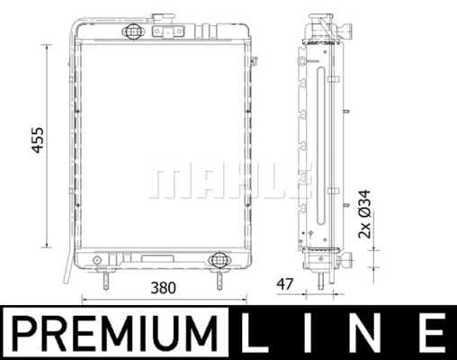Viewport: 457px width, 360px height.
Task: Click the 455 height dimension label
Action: (x=38, y=140)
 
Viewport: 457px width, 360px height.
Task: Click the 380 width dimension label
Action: (x=163, y=288)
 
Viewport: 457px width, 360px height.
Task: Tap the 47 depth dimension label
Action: (x=284, y=284)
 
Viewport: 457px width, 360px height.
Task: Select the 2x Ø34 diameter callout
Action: (x=364, y=214)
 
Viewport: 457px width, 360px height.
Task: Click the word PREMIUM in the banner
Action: (x=115, y=333)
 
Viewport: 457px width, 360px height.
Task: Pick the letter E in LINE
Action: (x=430, y=332)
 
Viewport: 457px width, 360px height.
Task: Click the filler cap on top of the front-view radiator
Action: (x=163, y=18)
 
